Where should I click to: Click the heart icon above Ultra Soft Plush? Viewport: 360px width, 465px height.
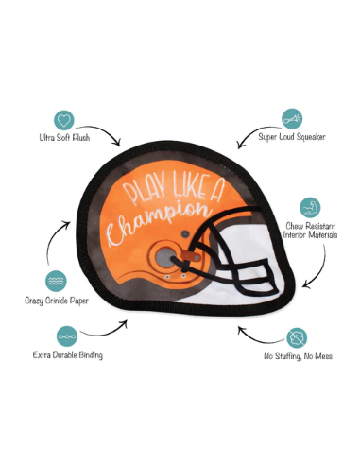[65, 120]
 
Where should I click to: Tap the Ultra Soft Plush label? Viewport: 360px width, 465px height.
[65, 137]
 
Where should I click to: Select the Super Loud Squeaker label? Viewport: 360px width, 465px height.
[292, 138]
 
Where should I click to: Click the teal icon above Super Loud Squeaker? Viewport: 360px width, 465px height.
[292, 119]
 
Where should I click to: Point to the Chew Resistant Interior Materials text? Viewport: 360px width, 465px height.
[311, 230]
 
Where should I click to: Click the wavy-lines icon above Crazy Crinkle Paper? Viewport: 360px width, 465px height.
[54, 281]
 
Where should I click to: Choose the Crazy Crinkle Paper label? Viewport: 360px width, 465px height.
[54, 301]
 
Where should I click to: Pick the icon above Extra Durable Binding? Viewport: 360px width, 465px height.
[66, 336]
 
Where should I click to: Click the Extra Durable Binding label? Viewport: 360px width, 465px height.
[66, 355]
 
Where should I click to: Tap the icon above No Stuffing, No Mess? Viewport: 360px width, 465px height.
[297, 337]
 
